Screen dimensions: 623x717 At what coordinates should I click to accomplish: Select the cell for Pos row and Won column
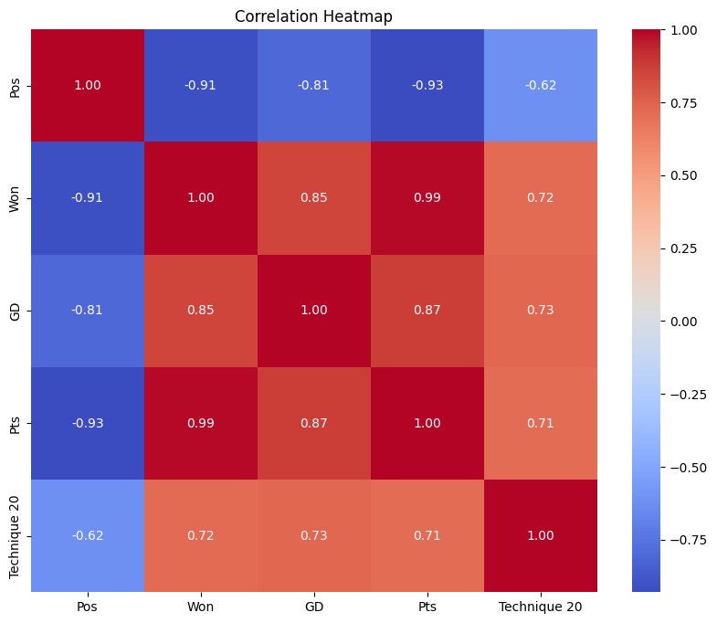[201, 86]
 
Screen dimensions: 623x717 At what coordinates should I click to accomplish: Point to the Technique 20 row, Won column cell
[201, 535]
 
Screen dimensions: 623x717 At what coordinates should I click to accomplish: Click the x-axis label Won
[201, 607]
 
